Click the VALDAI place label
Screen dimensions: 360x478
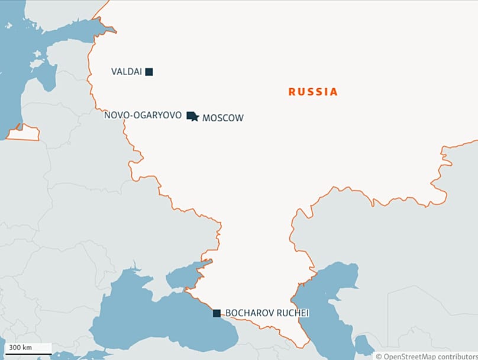126,72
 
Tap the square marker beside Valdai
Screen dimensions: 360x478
149,72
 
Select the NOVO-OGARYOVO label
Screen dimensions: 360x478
143,115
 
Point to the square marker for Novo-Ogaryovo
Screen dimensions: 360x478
190,115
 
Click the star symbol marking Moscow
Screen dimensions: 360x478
195,117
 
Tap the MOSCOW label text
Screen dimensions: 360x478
222,118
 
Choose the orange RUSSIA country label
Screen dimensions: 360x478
313,92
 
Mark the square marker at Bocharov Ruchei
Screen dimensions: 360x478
217,313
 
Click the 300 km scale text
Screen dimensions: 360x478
20,347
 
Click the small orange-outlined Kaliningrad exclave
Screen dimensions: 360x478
24,133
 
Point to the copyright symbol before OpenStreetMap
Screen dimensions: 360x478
379,356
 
